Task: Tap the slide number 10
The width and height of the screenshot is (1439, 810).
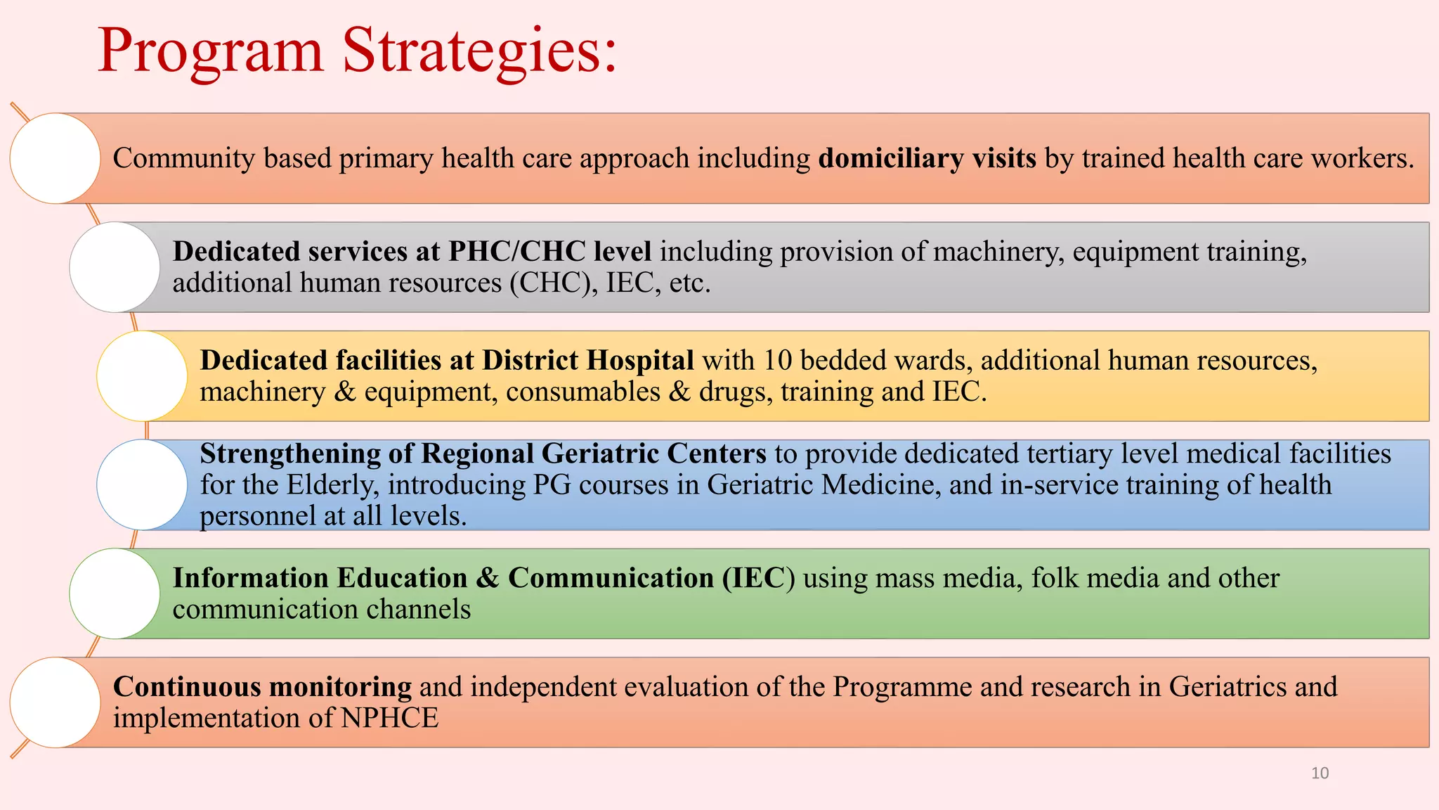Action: point(1320,773)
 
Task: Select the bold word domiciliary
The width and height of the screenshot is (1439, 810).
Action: point(891,159)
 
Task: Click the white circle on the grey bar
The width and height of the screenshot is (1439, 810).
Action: point(115,267)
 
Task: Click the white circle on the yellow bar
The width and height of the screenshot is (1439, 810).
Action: point(142,376)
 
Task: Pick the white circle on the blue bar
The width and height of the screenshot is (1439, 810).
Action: point(142,484)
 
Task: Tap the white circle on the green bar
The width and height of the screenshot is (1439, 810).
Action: point(115,593)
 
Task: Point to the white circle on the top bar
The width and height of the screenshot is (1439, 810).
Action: point(55,158)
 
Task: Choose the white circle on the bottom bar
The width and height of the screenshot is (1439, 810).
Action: point(55,702)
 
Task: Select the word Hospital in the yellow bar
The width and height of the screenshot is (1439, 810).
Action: point(640,361)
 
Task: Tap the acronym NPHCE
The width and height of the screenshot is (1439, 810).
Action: point(389,719)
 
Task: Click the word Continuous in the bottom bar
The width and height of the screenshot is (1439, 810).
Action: point(187,687)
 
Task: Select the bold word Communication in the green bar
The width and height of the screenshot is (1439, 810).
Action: point(611,578)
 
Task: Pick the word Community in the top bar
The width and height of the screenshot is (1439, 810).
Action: point(183,159)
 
